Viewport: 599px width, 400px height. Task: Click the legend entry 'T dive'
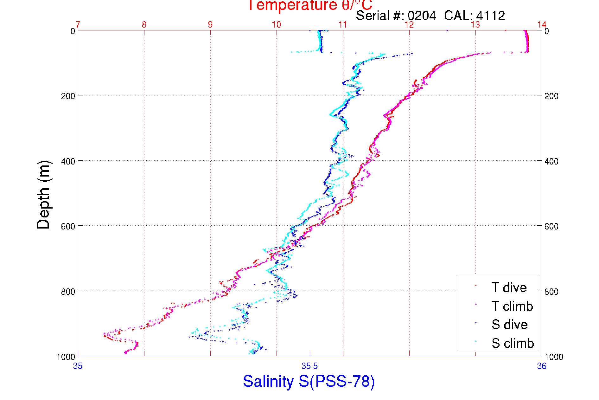click(x=509, y=287)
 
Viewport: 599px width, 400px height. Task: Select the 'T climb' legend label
click(x=512, y=306)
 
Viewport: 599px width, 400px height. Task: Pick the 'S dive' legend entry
click(x=509, y=325)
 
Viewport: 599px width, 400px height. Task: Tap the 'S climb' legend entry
click(x=513, y=343)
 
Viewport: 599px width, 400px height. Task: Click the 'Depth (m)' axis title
click(x=44, y=194)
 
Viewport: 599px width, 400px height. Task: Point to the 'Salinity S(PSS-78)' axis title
click(x=309, y=381)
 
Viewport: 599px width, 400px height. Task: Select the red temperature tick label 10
click(x=277, y=25)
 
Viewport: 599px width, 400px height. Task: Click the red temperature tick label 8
click(x=144, y=25)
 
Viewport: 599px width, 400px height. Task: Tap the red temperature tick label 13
click(x=475, y=25)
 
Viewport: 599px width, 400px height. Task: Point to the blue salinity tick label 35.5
click(x=309, y=366)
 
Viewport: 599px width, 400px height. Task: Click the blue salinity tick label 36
click(x=542, y=366)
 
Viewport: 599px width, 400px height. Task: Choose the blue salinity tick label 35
click(x=78, y=366)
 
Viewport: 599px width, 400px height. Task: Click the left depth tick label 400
click(x=68, y=161)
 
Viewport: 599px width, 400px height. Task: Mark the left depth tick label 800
click(x=68, y=292)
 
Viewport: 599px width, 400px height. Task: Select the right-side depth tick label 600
click(x=551, y=226)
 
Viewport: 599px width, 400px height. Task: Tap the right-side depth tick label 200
click(x=551, y=96)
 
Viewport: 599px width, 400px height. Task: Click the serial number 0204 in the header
click(x=422, y=16)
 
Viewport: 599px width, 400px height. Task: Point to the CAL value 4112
click(x=491, y=16)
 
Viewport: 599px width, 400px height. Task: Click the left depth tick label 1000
click(x=66, y=357)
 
